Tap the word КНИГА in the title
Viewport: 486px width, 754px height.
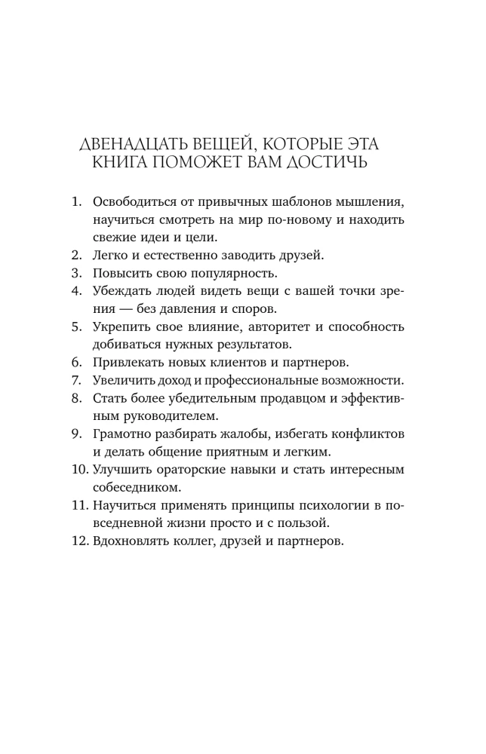pos(126,163)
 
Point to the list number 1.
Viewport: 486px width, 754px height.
pos(75,203)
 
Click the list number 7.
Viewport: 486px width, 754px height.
pos(75,379)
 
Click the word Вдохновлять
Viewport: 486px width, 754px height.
pos(134,541)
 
